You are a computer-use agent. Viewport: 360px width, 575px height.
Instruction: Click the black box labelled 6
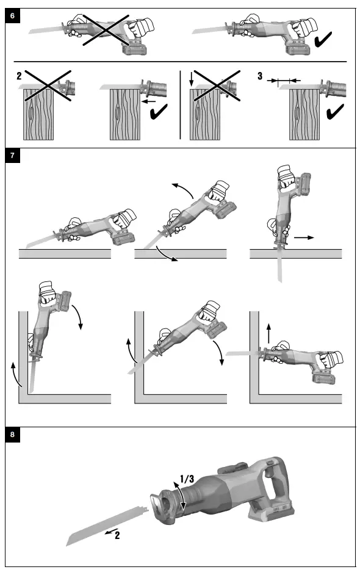tap(12, 16)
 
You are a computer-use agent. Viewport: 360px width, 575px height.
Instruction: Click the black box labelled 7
tap(12, 156)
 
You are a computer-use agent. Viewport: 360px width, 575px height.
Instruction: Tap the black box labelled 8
tap(12, 435)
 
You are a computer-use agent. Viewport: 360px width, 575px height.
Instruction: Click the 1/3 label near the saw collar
tap(187, 479)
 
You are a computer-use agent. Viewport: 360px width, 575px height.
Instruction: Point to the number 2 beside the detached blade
tap(117, 535)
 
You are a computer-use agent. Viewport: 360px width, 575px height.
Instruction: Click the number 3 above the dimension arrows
tap(260, 76)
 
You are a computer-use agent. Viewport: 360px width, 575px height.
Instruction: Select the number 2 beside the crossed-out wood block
tap(19, 76)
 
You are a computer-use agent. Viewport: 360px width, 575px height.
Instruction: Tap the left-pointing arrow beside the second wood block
tap(148, 101)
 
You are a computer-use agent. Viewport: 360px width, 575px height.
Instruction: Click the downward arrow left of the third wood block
tap(191, 79)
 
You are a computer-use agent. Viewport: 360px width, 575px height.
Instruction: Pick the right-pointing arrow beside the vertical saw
tap(304, 237)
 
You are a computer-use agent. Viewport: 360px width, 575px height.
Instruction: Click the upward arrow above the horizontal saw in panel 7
tap(268, 333)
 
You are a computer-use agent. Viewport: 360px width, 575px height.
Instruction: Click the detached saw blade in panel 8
tap(107, 525)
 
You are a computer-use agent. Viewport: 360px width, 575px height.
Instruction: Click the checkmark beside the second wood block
tap(159, 112)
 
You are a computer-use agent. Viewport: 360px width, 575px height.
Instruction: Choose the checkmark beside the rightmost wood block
tap(335, 112)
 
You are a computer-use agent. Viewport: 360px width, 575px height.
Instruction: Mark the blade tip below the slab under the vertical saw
tap(281, 281)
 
